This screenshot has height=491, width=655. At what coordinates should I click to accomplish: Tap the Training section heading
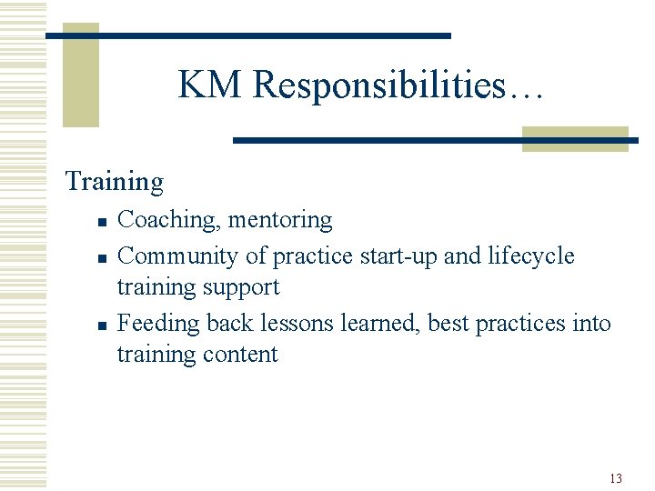(115, 182)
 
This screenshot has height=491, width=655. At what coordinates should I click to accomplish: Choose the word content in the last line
(240, 354)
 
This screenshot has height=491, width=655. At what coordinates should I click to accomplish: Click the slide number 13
(615, 478)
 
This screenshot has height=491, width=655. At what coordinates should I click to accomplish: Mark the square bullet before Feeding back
(103, 325)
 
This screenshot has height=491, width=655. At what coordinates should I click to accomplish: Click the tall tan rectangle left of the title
(80, 75)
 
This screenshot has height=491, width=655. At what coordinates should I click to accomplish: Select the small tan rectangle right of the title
(575, 138)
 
